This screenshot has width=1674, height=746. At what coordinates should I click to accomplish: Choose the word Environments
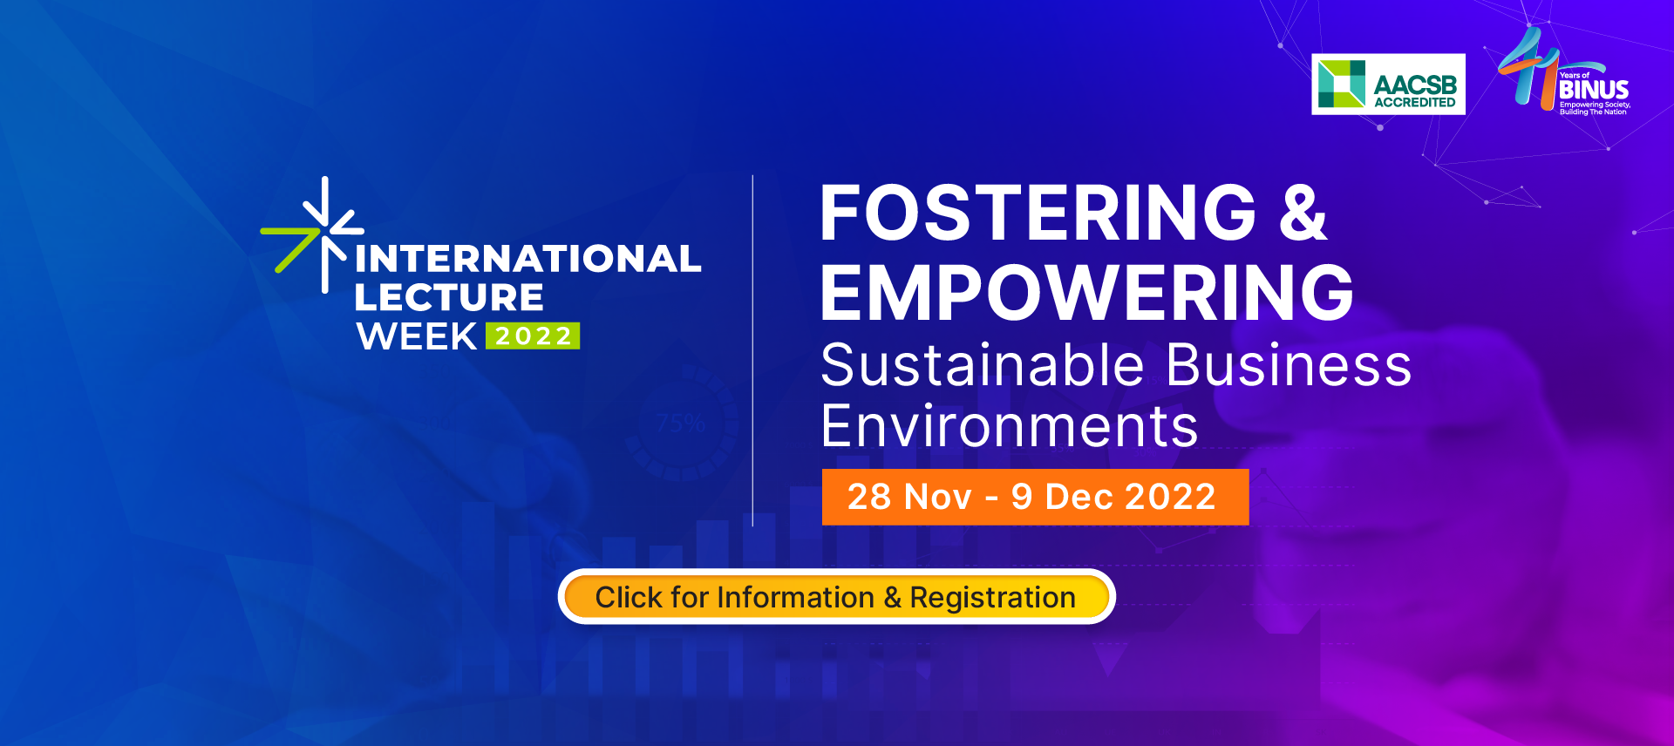[1010, 426]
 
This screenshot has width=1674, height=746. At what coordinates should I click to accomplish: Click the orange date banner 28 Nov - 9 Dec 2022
[1035, 497]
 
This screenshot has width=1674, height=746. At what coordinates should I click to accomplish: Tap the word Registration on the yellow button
[992, 598]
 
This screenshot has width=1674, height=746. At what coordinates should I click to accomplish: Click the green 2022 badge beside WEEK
[533, 336]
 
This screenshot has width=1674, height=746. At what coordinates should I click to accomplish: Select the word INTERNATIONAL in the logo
[527, 259]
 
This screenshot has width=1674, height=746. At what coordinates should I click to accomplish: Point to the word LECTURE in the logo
[448, 298]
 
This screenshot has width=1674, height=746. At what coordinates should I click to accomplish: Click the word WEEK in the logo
[417, 336]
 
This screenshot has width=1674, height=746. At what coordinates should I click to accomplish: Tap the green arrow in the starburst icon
[292, 245]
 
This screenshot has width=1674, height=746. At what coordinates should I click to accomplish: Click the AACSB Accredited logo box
[1388, 85]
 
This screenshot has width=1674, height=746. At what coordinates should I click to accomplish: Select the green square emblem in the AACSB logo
[1342, 84]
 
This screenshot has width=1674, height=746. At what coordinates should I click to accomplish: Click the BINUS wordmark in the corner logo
[1594, 90]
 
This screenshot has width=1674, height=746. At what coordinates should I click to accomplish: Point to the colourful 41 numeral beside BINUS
[1528, 68]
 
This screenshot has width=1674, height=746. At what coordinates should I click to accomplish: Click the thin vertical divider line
[752, 350]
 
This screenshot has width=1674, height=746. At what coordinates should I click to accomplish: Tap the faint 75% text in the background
[680, 424]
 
